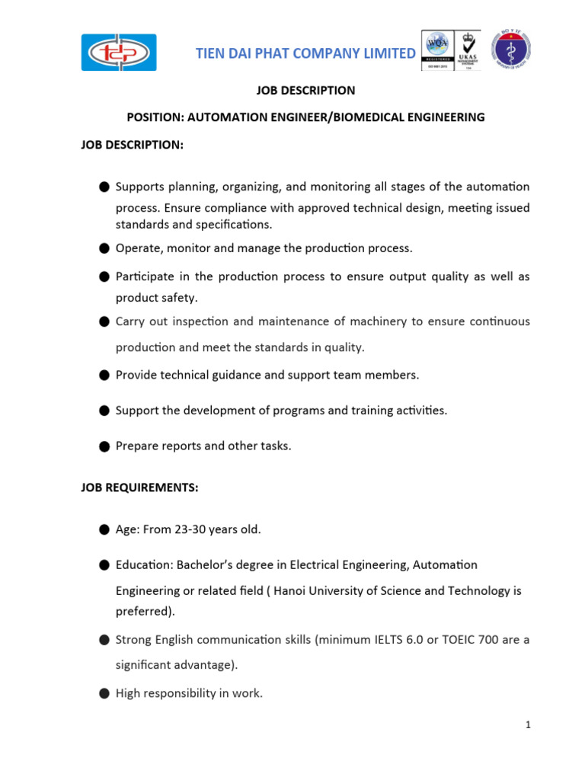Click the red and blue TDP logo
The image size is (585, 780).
[119, 53]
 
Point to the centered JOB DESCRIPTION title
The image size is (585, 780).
[305, 90]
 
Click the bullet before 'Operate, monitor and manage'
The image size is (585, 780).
[103, 248]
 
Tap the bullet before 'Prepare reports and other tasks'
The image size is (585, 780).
[103, 446]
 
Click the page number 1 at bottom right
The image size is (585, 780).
[527, 724]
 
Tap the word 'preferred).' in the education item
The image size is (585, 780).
[145, 610]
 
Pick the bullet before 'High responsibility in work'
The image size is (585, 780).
[103, 693]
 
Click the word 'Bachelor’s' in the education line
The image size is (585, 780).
[201, 565]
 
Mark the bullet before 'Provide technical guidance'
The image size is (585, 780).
[103, 375]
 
